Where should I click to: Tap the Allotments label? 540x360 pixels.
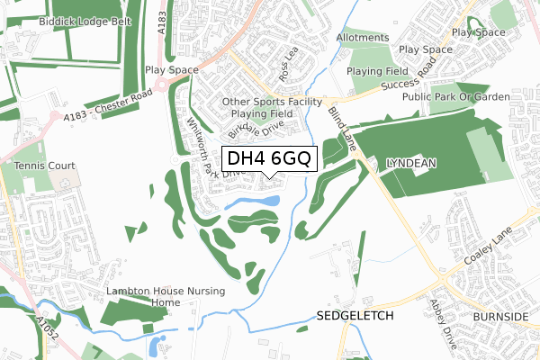363,38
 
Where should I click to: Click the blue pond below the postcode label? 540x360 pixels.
250,202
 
